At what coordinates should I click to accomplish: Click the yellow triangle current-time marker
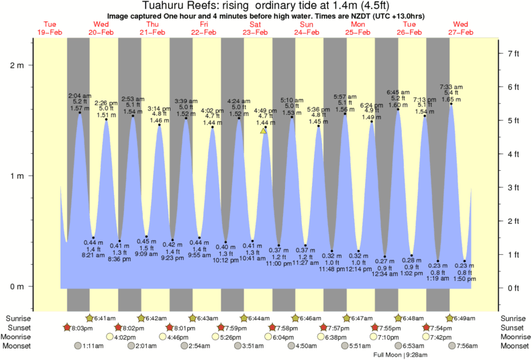tap(264, 131)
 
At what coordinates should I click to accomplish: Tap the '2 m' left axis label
tap(16, 66)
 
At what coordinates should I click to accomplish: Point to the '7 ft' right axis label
tap(513, 53)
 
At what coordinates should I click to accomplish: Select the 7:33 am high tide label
tap(451, 87)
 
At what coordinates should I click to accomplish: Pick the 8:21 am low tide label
tap(93, 255)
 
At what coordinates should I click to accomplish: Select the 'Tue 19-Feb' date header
tap(50, 28)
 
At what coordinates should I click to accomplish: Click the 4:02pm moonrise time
tap(125, 337)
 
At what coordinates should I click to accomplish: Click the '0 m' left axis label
tap(16, 286)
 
